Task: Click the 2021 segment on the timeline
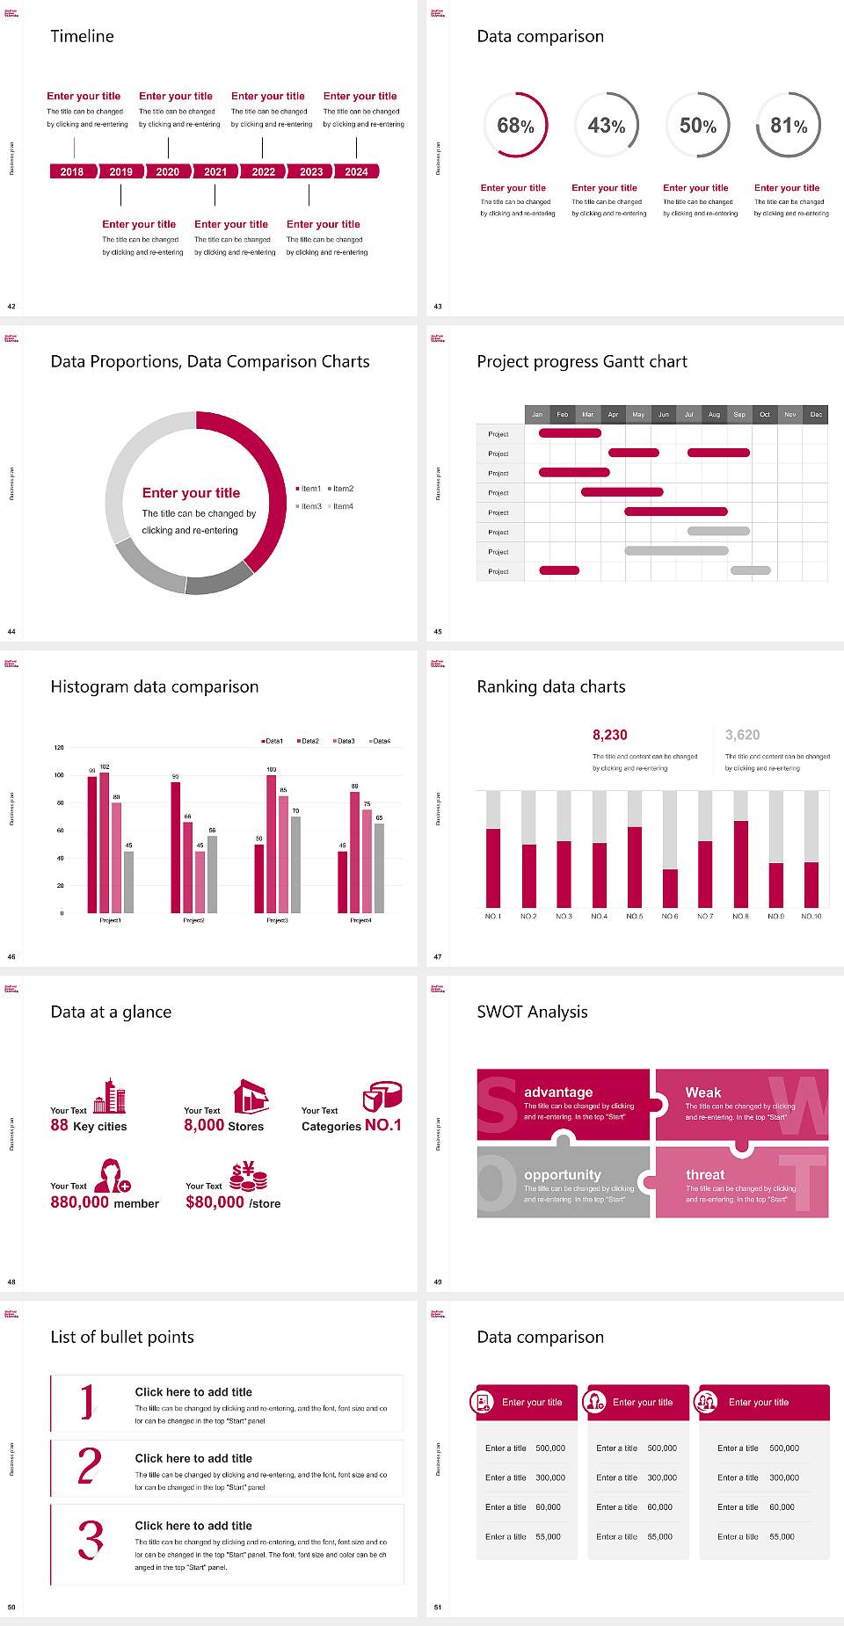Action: tap(215, 171)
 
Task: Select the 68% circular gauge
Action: tap(515, 126)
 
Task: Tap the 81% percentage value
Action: tap(789, 126)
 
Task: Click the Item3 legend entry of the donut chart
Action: tap(309, 506)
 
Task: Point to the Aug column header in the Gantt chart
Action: tap(714, 414)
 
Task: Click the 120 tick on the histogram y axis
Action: tap(59, 748)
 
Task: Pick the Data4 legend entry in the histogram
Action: tap(380, 741)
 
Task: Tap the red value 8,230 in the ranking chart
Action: tap(610, 735)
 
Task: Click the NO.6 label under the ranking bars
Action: tap(670, 916)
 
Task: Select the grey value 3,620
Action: tap(742, 735)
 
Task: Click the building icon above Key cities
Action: tap(110, 1096)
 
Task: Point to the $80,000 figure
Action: tap(215, 1202)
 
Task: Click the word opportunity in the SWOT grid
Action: tap(563, 1175)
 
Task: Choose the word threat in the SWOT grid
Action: tap(705, 1175)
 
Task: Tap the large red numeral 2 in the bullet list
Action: tap(90, 1466)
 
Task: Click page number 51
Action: tap(438, 1607)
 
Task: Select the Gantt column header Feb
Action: tap(563, 414)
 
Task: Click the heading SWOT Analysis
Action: tap(532, 1012)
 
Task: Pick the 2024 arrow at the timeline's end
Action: tap(356, 171)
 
